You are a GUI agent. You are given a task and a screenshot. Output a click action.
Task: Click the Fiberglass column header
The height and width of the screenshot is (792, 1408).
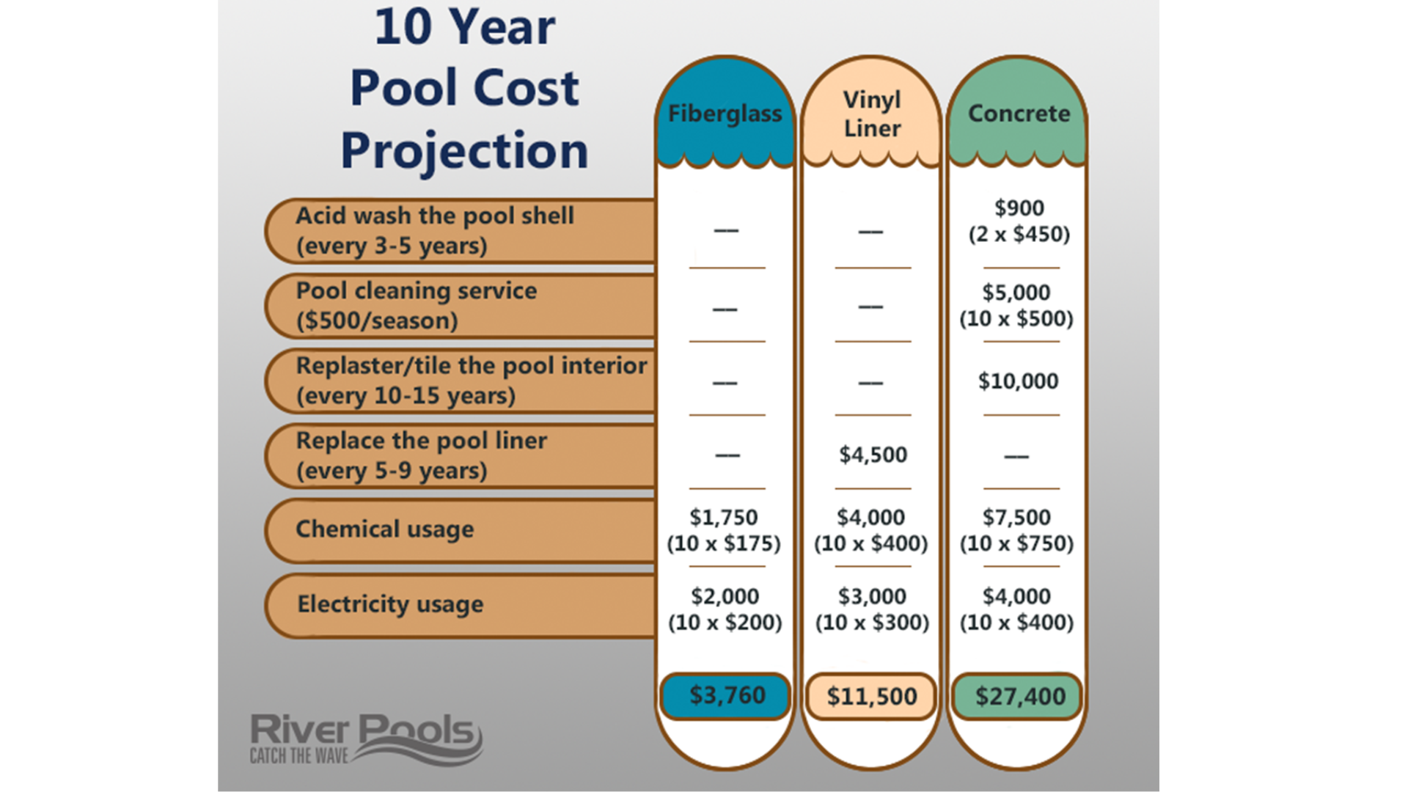tap(725, 114)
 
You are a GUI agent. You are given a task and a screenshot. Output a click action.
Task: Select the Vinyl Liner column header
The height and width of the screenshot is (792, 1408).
tap(871, 114)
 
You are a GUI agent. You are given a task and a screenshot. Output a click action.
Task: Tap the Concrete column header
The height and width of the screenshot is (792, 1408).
tap(1019, 114)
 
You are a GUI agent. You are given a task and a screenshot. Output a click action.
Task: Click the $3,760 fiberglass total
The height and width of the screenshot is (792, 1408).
tap(726, 695)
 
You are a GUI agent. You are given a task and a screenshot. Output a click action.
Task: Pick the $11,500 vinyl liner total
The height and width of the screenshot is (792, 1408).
tap(871, 696)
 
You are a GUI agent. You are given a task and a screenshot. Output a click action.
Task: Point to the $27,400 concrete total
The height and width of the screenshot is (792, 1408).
tap(1019, 696)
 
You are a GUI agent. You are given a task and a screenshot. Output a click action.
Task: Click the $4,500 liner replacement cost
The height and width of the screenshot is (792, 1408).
tap(873, 455)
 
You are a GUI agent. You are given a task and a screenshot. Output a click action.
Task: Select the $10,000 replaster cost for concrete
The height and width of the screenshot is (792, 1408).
tap(1018, 381)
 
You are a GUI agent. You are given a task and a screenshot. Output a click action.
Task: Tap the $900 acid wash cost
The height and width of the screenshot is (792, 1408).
tap(1019, 208)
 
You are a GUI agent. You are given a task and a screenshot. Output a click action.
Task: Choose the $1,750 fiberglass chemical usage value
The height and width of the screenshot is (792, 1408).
tap(724, 518)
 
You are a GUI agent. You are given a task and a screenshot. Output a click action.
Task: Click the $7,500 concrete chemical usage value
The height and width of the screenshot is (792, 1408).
tap(1016, 518)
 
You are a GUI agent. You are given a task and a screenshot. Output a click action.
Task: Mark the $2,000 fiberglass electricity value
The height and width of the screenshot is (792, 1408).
tap(725, 596)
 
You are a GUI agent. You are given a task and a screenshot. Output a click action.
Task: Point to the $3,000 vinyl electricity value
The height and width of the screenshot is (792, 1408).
tap(872, 596)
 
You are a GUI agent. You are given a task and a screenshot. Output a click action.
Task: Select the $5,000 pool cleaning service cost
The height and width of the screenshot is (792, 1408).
tap(1016, 293)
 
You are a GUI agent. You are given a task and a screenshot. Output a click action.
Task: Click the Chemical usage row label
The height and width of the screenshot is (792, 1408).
tap(384, 529)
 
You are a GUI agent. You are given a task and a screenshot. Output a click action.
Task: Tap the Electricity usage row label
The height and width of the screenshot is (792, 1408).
tap(390, 604)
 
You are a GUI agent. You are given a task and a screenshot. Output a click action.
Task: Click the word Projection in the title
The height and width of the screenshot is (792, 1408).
tap(464, 151)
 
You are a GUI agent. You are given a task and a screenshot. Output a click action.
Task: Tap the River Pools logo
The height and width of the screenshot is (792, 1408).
tap(365, 738)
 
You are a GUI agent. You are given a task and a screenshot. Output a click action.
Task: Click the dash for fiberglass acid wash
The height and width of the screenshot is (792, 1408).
tap(726, 230)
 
